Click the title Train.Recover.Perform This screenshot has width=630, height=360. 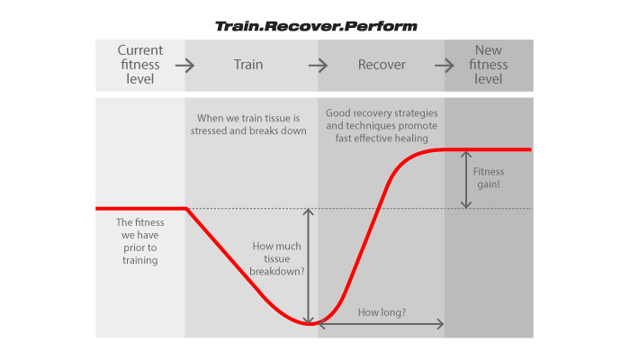click(x=315, y=26)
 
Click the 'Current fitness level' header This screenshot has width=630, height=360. click(x=139, y=65)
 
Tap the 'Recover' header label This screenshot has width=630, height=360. click(x=382, y=65)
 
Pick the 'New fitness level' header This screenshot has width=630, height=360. click(x=488, y=65)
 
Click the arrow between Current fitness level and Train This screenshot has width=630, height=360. click(x=184, y=65)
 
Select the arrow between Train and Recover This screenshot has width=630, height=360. click(x=318, y=65)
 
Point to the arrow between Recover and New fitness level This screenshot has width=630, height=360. click(x=445, y=65)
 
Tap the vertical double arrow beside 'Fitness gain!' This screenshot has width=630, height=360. click(x=466, y=179)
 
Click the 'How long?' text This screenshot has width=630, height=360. click(x=381, y=312)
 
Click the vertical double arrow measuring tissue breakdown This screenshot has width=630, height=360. click(x=309, y=266)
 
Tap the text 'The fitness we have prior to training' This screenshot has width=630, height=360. click(x=138, y=241)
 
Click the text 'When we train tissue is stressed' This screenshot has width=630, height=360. click(x=249, y=123)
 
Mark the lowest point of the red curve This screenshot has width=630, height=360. click(x=309, y=324)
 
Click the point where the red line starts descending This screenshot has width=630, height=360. click(x=186, y=209)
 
